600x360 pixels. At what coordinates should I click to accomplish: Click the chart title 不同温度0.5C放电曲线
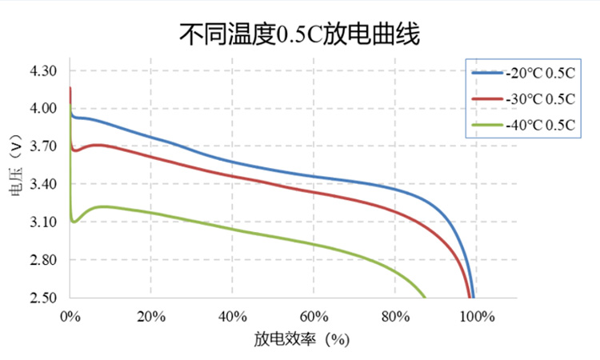point(299,34)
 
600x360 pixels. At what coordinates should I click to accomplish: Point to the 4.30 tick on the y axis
point(42,70)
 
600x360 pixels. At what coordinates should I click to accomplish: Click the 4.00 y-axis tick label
point(42,108)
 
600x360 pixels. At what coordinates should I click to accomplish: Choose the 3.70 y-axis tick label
point(42,146)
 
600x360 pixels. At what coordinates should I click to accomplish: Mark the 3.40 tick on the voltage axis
point(42,184)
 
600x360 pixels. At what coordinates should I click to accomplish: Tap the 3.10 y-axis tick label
point(42,222)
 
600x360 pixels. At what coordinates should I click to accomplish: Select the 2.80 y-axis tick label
point(42,260)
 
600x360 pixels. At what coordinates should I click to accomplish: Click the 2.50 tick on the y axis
point(42,298)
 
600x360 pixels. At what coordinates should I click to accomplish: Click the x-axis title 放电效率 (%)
point(302,339)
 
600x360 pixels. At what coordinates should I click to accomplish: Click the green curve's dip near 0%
point(74,221)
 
